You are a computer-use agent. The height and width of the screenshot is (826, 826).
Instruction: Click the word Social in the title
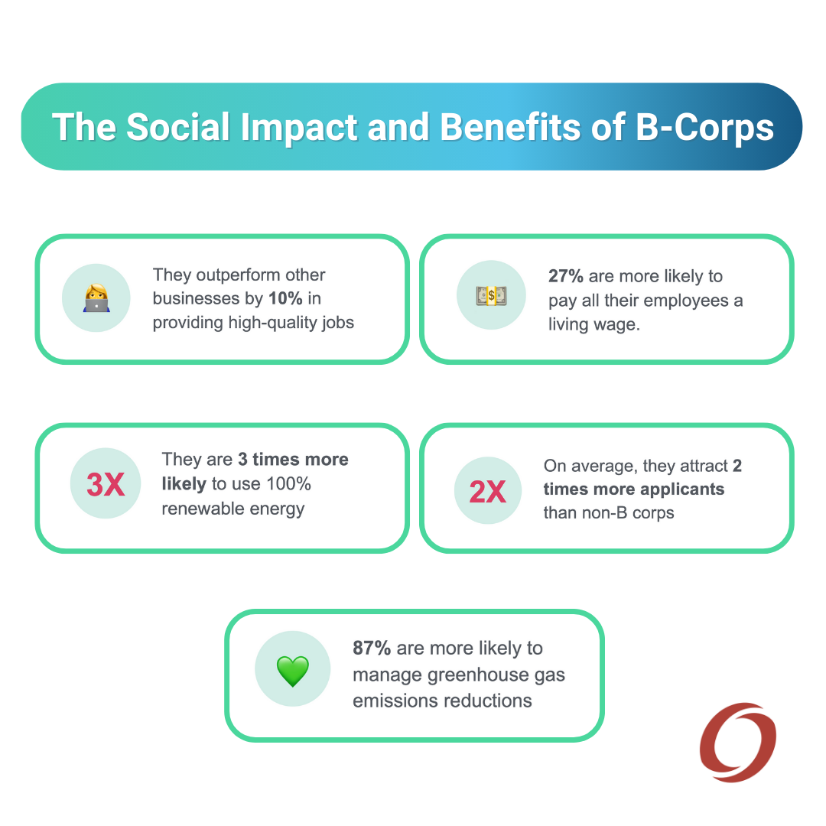click(178, 127)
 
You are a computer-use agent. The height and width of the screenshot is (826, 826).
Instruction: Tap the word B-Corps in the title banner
click(705, 128)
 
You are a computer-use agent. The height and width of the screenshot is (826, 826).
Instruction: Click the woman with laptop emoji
click(96, 298)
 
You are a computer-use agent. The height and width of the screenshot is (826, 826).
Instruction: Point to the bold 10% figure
click(285, 298)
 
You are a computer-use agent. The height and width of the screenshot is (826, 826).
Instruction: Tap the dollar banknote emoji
click(492, 295)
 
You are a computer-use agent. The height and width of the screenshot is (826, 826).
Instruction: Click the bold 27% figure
click(566, 275)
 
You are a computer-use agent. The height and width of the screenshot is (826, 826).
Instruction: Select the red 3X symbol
click(106, 484)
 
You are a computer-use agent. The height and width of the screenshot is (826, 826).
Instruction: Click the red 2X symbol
click(488, 492)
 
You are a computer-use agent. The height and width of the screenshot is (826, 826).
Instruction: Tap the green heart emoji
click(293, 672)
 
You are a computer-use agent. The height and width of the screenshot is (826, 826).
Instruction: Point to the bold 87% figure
click(372, 648)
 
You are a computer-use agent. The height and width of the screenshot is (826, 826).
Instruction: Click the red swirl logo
click(738, 742)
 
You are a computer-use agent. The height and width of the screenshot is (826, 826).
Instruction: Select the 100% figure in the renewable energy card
click(288, 483)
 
